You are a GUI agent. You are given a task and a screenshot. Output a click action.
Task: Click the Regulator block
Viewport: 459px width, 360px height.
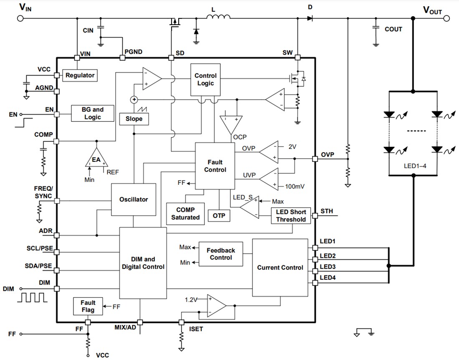[x=80, y=76]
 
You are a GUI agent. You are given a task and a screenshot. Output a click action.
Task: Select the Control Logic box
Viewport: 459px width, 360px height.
[x=205, y=79]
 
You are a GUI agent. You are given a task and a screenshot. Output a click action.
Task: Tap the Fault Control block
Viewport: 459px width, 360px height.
[x=215, y=166]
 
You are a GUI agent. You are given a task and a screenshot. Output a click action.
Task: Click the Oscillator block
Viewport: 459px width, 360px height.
[x=134, y=199]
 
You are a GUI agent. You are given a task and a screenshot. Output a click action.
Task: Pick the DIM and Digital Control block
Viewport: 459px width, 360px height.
[x=143, y=263]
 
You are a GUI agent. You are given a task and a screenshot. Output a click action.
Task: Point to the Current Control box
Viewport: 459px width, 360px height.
[x=280, y=267]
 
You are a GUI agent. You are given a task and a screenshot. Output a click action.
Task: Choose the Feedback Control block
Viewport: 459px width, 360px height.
[x=221, y=254]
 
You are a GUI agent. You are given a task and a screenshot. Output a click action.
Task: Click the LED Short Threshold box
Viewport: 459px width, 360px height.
[x=291, y=216]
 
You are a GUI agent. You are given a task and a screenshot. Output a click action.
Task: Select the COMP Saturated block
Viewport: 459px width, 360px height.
[x=185, y=214]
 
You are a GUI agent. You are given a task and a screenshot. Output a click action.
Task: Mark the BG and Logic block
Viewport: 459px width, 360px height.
[x=93, y=113]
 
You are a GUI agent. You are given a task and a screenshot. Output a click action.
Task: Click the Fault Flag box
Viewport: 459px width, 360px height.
[x=88, y=307]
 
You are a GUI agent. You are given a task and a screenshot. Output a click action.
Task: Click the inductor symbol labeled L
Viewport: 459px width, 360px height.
[x=218, y=17]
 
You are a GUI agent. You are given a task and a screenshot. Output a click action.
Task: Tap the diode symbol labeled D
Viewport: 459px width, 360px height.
[x=310, y=18]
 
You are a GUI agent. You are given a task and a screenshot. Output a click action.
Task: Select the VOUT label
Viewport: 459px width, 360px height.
[x=432, y=10]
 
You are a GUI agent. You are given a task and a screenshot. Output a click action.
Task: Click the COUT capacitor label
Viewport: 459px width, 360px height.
[x=393, y=29]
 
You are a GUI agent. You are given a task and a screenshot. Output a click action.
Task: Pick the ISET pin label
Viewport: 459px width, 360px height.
[x=196, y=329]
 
